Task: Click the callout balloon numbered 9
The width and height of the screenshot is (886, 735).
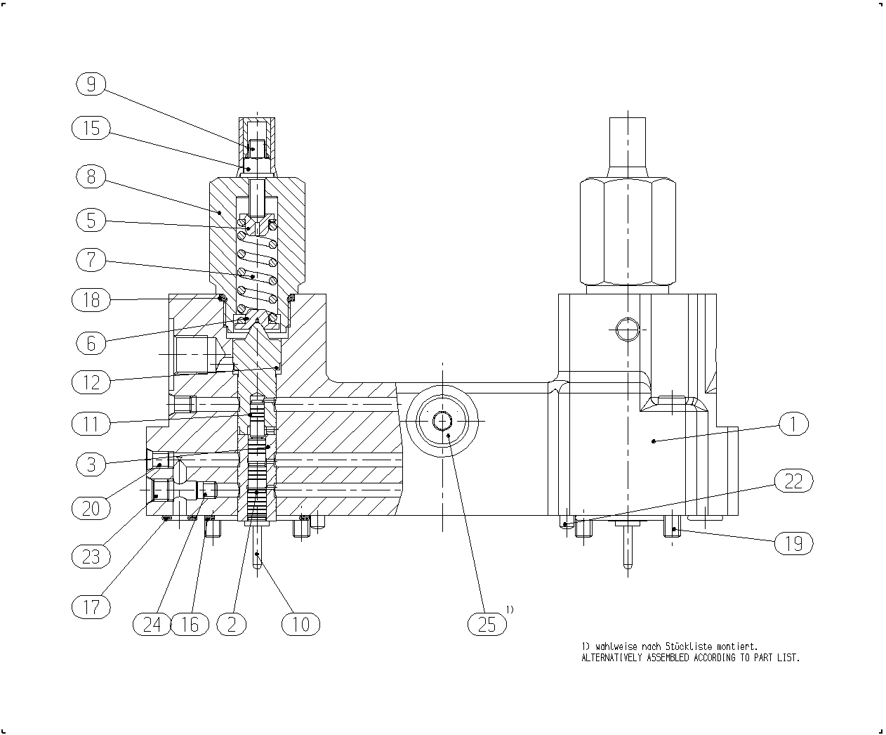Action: [x=91, y=84]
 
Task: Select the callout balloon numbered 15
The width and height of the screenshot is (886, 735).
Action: [x=91, y=128]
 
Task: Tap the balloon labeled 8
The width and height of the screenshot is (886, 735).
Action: [x=91, y=176]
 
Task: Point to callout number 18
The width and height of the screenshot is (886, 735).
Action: [x=91, y=299]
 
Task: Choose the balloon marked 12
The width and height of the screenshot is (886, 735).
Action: [x=91, y=382]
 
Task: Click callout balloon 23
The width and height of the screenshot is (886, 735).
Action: [x=91, y=556]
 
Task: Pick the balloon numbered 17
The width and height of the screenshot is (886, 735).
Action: [x=91, y=606]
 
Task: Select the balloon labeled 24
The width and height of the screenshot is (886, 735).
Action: [x=152, y=624]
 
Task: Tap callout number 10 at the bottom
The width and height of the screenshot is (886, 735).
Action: [x=301, y=624]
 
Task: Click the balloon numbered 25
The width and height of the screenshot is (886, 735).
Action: [x=487, y=624]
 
